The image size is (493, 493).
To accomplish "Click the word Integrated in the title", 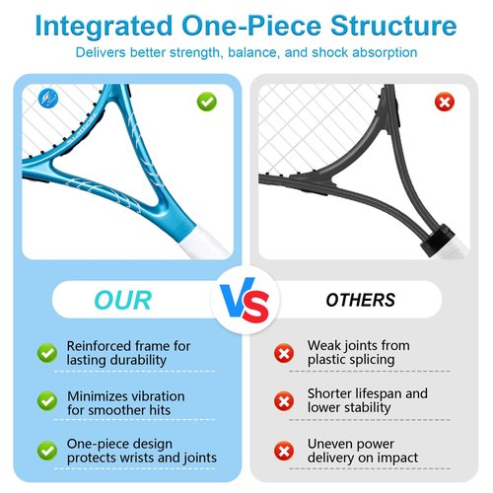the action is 104,27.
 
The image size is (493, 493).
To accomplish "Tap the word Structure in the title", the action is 393,26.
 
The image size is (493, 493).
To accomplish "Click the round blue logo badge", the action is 48,98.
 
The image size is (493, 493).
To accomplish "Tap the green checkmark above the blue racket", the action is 207,102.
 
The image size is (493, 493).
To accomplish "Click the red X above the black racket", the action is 445,102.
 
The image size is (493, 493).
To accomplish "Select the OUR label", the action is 122,301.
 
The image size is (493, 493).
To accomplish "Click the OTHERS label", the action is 360,300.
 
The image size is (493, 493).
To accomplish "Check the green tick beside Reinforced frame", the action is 47,353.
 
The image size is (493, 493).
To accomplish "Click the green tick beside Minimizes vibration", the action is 47,401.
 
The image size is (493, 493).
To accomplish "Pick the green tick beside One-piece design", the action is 47,451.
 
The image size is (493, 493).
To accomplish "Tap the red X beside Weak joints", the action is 284,353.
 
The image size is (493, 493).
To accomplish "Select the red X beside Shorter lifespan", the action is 284,401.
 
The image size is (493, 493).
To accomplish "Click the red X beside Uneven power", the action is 284,451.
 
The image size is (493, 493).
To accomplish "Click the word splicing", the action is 369,360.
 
